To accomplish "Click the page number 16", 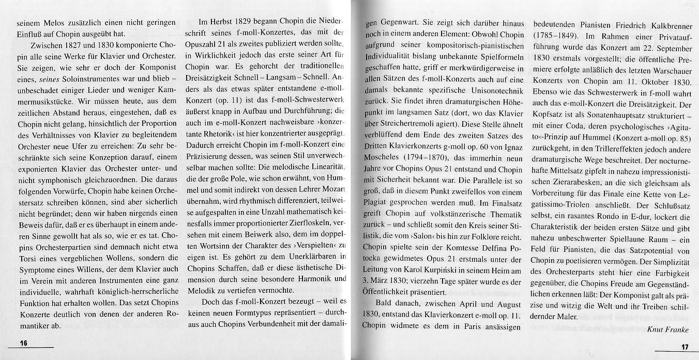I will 23,343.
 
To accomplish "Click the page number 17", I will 685,347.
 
